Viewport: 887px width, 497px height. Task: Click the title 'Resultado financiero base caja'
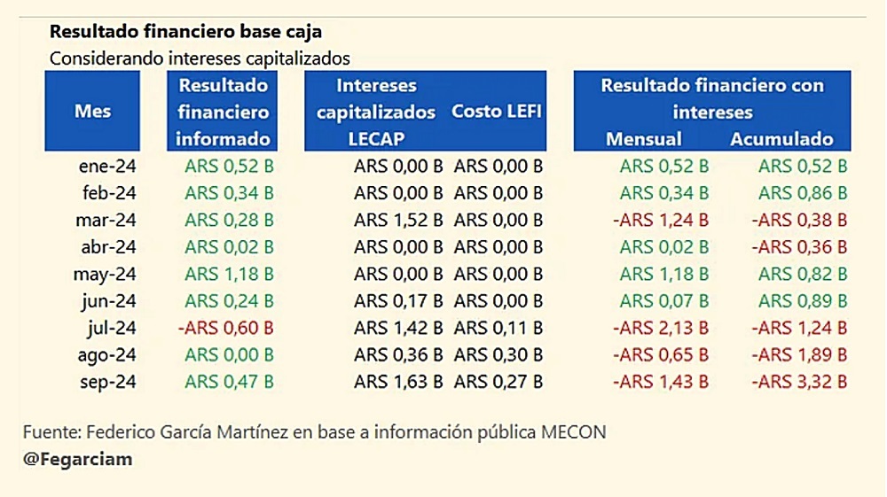click(x=185, y=32)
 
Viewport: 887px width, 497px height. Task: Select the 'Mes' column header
click(x=92, y=112)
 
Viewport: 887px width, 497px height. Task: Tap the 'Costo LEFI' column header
click(x=497, y=112)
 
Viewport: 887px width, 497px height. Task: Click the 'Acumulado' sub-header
click(x=781, y=139)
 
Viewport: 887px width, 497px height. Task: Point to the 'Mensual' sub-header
click(x=644, y=139)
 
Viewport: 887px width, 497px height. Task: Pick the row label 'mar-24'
click(x=107, y=220)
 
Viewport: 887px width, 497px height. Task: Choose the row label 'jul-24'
click(x=111, y=329)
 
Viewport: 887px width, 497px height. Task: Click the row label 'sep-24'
click(x=107, y=383)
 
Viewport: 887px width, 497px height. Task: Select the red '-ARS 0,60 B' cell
click(x=226, y=329)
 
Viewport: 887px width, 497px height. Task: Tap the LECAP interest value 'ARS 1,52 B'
click(x=398, y=220)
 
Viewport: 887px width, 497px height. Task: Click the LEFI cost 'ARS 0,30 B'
click(x=498, y=355)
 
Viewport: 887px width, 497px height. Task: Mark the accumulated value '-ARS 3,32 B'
click(x=799, y=383)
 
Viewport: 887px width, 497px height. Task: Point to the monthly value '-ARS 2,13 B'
click(x=661, y=329)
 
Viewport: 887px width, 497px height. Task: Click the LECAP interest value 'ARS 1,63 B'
click(x=398, y=383)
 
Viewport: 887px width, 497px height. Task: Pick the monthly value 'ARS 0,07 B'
click(x=664, y=301)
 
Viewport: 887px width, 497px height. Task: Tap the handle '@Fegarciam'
click(x=77, y=460)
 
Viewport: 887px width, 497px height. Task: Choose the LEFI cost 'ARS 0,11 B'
click(x=498, y=329)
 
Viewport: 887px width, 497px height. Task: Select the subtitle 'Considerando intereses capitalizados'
click(x=200, y=58)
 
